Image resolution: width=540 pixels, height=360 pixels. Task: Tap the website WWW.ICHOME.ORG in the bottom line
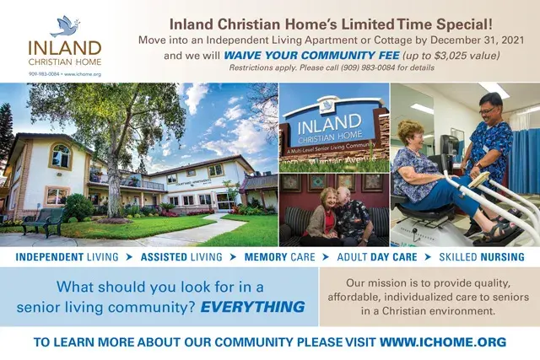442,341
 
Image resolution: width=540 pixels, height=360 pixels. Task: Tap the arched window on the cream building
61,156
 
